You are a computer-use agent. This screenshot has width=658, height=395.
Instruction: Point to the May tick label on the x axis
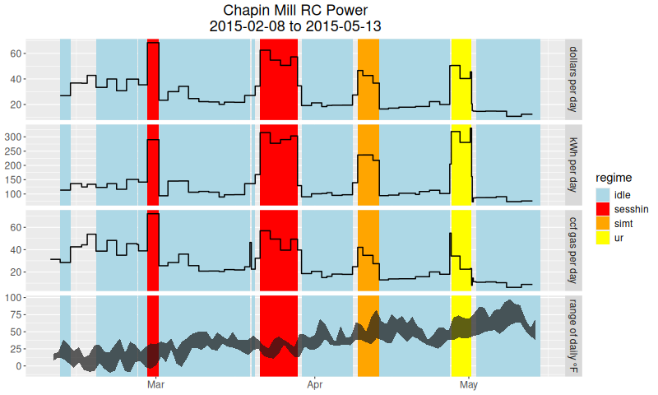(469, 384)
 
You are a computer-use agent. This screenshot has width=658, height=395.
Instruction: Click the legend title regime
(614, 177)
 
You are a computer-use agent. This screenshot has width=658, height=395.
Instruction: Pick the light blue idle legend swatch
(604, 194)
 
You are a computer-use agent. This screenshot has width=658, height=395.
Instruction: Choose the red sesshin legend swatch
(604, 209)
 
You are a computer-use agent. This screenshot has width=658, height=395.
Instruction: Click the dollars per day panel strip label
(574, 79)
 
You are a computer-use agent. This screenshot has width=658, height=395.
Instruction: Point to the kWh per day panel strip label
(574, 165)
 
